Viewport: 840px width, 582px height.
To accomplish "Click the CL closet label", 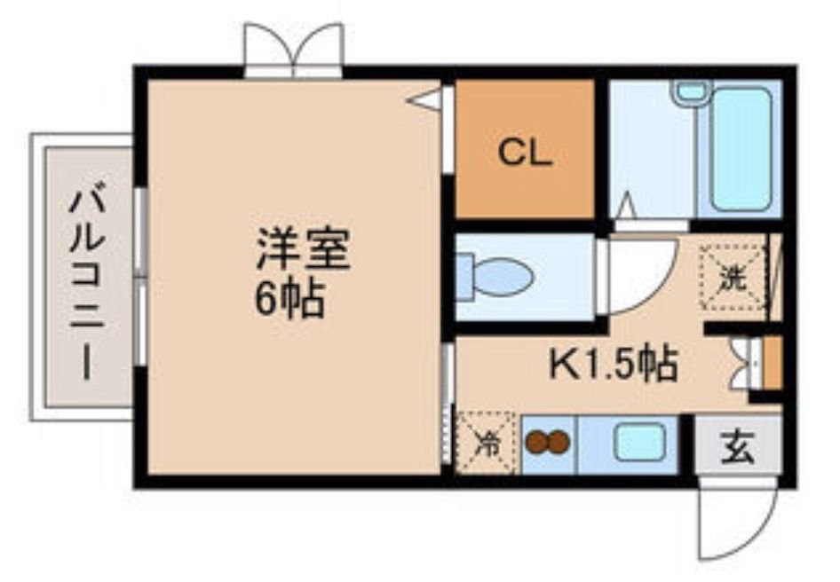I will click(524, 153).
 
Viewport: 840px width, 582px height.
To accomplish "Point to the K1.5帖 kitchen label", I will click(613, 364).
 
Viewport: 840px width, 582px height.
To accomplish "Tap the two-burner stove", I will click(547, 443).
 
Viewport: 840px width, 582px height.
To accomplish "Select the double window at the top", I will click(294, 51).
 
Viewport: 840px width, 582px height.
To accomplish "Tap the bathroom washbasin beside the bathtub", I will click(690, 91).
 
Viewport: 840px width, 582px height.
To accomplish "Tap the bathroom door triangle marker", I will click(626, 206).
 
